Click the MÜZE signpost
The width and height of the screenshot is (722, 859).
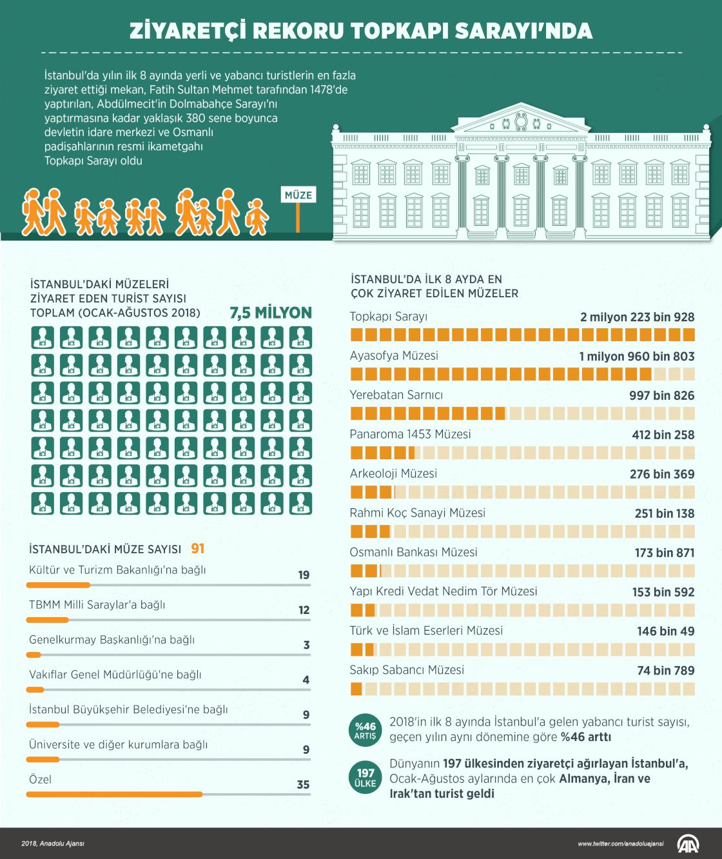pyautogui.click(x=298, y=195)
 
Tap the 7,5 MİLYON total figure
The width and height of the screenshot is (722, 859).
pyautogui.click(x=271, y=313)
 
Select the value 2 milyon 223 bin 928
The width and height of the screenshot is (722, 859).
pyautogui.click(x=637, y=317)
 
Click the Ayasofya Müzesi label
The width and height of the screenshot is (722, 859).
pyautogui.click(x=394, y=355)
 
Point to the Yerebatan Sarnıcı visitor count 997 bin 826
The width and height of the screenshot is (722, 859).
pyautogui.click(x=661, y=395)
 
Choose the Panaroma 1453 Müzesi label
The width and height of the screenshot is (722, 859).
pyautogui.click(x=410, y=434)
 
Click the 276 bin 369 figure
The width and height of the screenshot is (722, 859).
pyautogui.click(x=662, y=474)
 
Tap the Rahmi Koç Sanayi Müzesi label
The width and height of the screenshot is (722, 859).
pyautogui.click(x=417, y=513)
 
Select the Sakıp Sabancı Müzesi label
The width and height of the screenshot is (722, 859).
pyautogui.click(x=407, y=669)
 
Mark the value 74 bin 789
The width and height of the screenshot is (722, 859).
pyautogui.click(x=665, y=671)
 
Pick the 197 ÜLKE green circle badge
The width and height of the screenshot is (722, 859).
pyautogui.click(x=365, y=778)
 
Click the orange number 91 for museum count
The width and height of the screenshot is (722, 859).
pyautogui.click(x=197, y=548)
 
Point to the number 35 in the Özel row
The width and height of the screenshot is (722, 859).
pyautogui.click(x=303, y=785)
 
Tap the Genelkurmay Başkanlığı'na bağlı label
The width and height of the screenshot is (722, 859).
pyautogui.click(x=112, y=640)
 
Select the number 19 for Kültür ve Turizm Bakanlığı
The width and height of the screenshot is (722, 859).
pyautogui.click(x=304, y=575)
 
